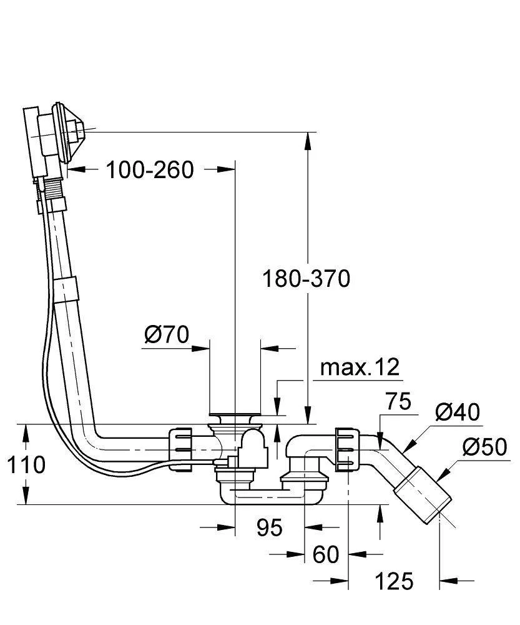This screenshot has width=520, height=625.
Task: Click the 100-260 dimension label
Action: [149, 169]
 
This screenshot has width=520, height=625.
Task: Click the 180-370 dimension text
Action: [306, 278]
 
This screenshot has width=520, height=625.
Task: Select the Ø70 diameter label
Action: [166, 335]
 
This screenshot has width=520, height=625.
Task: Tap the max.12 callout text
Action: [359, 367]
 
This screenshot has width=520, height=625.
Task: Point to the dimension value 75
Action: [398, 402]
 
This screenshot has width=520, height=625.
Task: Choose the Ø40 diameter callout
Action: [458, 412]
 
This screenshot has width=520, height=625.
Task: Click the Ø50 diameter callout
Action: [484, 448]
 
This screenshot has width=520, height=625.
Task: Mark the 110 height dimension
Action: [23, 464]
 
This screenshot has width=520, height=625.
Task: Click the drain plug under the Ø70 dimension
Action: [235, 415]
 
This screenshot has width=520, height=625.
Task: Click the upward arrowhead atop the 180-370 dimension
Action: [307, 141]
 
